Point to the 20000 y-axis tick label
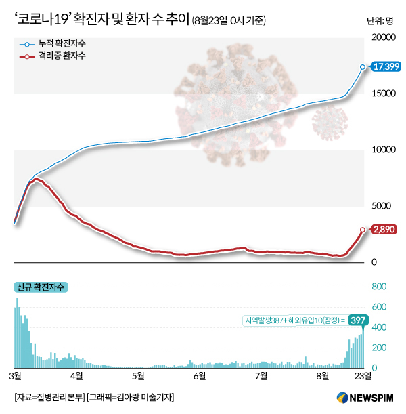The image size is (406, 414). [382, 37]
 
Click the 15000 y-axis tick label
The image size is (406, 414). [382, 94]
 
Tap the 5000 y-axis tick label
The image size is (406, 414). [382, 206]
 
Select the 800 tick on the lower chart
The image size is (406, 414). [379, 287]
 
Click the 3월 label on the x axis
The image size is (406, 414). [16, 375]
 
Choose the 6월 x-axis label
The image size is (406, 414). [200, 375]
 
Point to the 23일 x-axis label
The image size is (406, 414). [363, 375]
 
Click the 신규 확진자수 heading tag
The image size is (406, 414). [41, 288]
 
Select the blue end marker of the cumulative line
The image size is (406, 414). [363, 67]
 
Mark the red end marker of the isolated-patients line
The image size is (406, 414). [363, 230]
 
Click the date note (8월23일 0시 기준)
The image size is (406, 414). [229, 20]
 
